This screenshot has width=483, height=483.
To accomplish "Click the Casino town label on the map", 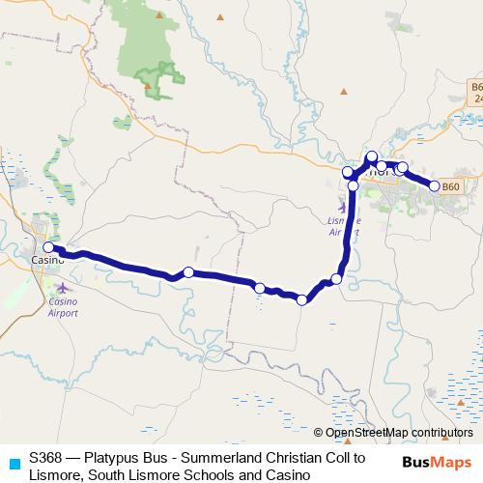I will [x=45, y=261].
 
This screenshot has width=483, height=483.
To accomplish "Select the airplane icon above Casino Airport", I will [x=64, y=287].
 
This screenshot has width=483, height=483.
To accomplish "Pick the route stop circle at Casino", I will [x=47, y=247].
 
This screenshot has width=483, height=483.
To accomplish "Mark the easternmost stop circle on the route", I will [x=435, y=186].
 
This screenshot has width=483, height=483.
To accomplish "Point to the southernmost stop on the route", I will [x=301, y=299].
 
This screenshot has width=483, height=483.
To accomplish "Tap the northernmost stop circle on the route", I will [x=372, y=156].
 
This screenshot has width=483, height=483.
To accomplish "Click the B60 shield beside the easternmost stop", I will [x=451, y=185].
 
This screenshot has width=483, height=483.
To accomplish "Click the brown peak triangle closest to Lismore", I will [x=343, y=92].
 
